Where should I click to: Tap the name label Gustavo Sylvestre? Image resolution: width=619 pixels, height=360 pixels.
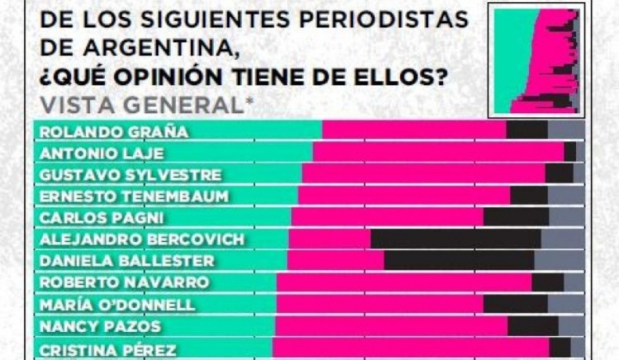click(130, 174)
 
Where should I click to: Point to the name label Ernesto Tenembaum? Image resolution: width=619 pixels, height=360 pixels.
click(134, 196)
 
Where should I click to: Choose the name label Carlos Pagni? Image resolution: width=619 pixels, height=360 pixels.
click(101, 217)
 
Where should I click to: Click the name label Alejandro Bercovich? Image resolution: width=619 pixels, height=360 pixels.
click(142, 239)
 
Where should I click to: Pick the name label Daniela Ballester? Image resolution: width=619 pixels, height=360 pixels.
click(127, 261)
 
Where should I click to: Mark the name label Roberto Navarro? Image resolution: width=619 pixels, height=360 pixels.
click(125, 283)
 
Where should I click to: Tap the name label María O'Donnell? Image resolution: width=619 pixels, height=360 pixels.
click(117, 304)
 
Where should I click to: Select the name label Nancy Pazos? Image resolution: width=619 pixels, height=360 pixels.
click(100, 326)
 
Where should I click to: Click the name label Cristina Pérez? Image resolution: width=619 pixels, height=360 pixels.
click(108, 349)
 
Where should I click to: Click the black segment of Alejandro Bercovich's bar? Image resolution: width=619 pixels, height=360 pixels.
click(455, 239)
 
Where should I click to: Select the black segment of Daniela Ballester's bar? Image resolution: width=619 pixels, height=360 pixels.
click(459, 261)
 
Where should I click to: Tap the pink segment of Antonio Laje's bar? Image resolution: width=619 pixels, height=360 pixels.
click(438, 153)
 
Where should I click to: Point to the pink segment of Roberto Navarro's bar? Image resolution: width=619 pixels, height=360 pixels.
click(404, 283)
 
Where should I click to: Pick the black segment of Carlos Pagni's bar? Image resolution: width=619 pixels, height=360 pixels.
click(516, 217)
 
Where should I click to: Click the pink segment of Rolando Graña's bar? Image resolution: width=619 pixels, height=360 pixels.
click(414, 131)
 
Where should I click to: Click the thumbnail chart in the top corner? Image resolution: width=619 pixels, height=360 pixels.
click(536, 60)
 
